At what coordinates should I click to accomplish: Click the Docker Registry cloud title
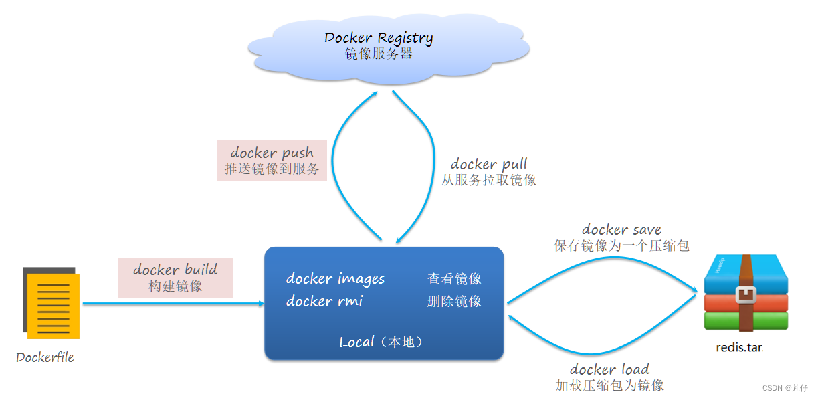pyautogui.click(x=379, y=38)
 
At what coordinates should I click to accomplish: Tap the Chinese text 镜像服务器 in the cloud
pyautogui.click(x=379, y=54)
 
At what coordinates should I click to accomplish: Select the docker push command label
pyautogui.click(x=272, y=153)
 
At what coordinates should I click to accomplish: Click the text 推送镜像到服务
pyautogui.click(x=272, y=169)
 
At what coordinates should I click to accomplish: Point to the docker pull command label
pyautogui.click(x=489, y=164)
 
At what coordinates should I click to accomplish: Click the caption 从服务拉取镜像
pyautogui.click(x=489, y=180)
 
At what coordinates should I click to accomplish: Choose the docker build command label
pyautogui.click(x=175, y=270)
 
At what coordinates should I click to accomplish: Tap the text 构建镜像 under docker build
pyautogui.click(x=175, y=286)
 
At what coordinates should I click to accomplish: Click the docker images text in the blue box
pyautogui.click(x=335, y=278)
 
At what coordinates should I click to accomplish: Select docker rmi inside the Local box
pyautogui.click(x=324, y=301)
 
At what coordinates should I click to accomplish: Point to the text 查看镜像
pyautogui.click(x=454, y=279)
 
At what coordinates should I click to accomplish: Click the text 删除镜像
pyautogui.click(x=454, y=302)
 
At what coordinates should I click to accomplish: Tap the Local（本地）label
pyautogui.click(x=382, y=342)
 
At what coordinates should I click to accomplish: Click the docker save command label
pyautogui.click(x=621, y=229)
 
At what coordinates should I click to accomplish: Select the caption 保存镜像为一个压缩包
pyautogui.click(x=621, y=245)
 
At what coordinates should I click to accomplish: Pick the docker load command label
pyautogui.click(x=609, y=369)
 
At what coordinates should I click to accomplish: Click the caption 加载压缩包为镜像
pyautogui.click(x=609, y=385)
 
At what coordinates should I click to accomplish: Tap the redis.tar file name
pyautogui.click(x=739, y=347)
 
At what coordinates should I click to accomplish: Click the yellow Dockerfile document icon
pyautogui.click(x=54, y=304)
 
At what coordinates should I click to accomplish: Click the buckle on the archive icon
pyautogui.click(x=745, y=294)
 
